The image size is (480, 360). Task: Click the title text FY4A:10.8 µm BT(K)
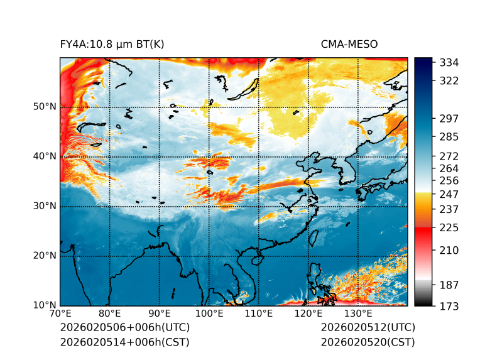[x=112, y=44]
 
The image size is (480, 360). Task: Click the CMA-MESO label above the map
[x=349, y=44]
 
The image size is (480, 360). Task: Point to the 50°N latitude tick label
[x=45, y=107]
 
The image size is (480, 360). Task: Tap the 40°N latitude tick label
[x=45, y=156]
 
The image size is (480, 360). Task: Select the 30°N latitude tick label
[x=45, y=206]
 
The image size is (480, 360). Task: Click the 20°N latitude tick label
[x=45, y=256]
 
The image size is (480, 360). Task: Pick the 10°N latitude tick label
[x=45, y=305]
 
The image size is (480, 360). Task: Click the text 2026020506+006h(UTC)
[x=124, y=328]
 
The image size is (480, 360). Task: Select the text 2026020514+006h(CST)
[x=124, y=342]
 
